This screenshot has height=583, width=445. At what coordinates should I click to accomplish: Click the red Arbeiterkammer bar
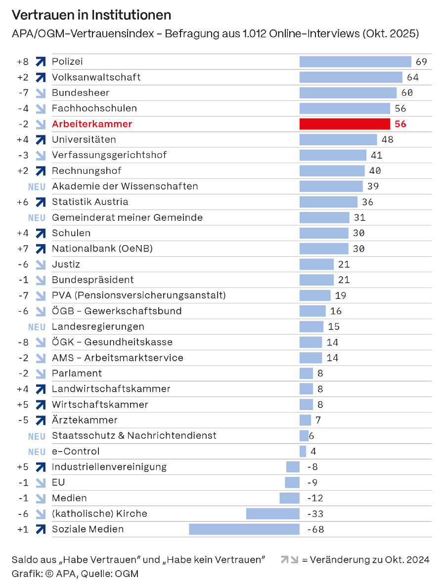(345, 124)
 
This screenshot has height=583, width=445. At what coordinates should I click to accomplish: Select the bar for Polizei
(355, 62)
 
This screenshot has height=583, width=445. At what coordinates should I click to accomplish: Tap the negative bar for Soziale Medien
(244, 529)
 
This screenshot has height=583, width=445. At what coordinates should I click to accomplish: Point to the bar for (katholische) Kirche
(273, 514)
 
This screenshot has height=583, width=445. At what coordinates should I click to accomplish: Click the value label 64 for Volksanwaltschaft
(413, 78)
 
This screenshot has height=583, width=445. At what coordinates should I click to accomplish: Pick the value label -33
(315, 514)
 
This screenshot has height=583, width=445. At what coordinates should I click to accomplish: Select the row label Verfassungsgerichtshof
(109, 155)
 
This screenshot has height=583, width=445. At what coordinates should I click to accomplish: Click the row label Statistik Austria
(90, 202)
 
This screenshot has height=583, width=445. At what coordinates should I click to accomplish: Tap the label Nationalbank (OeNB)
(102, 249)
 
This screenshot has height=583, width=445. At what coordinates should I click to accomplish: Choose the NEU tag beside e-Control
(37, 452)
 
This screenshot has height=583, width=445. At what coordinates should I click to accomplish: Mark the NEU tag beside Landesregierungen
(37, 327)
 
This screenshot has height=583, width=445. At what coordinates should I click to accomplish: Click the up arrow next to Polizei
(41, 62)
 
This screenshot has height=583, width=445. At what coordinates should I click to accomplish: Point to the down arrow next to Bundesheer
(41, 93)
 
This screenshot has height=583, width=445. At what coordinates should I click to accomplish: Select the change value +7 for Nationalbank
(23, 249)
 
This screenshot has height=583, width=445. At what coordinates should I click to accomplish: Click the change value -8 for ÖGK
(23, 342)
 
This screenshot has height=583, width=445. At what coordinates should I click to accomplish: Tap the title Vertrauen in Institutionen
(91, 15)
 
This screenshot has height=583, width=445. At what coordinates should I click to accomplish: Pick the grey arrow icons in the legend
(290, 560)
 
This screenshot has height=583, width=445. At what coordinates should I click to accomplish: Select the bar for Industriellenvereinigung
(293, 467)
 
